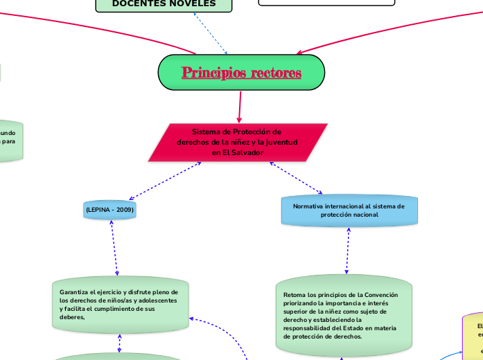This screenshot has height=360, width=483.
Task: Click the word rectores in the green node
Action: [x=276, y=73]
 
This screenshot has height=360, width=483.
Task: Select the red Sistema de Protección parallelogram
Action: [x=238, y=142]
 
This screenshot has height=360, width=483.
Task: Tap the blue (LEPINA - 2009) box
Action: [x=109, y=209]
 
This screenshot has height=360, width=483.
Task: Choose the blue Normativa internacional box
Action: [x=349, y=210]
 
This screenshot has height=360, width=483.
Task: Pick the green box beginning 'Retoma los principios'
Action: [x=343, y=316]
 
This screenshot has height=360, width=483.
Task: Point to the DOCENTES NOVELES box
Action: [x=164, y=4]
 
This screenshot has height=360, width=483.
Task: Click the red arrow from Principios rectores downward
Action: [x=240, y=107]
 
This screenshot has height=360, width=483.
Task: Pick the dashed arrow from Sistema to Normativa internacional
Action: [x=296, y=178]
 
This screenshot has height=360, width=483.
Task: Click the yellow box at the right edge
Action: [x=475, y=336]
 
